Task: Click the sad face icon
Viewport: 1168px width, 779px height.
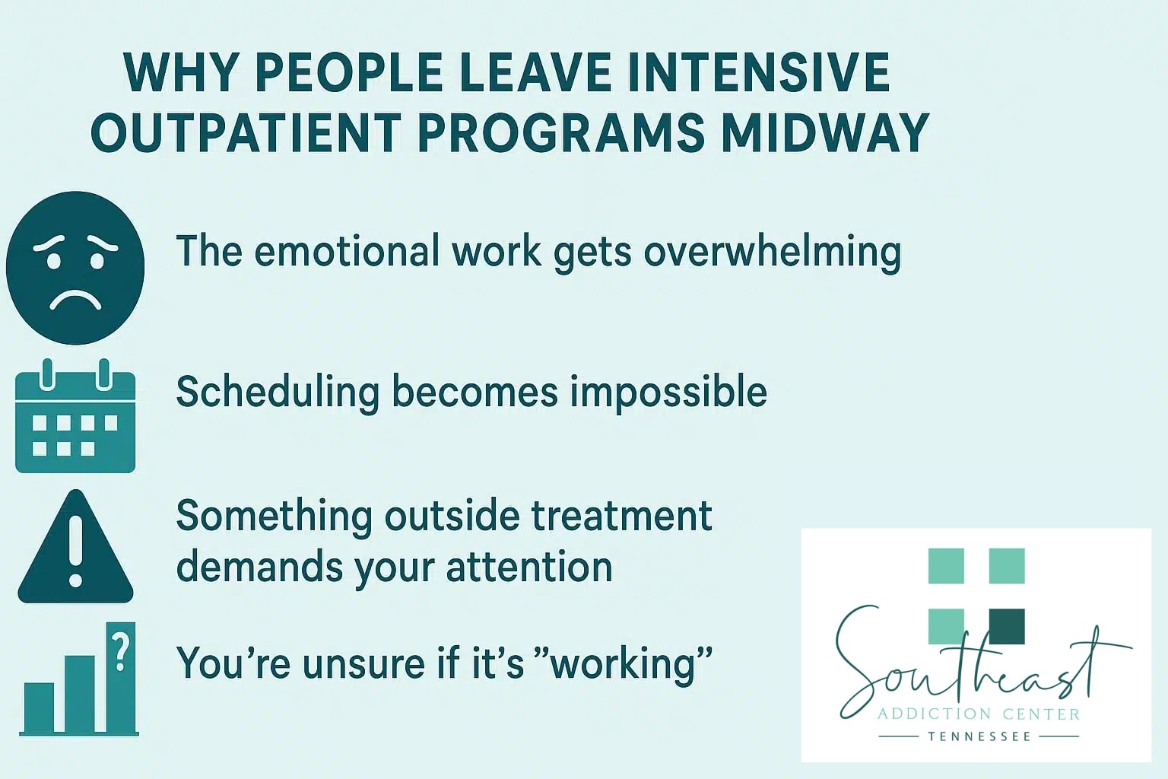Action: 75,267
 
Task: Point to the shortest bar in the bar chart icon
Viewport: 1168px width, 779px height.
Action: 39,707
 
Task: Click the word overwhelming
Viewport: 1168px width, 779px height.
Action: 772,252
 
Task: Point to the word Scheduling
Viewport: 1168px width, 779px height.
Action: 277,393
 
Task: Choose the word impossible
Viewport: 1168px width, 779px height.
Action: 668,393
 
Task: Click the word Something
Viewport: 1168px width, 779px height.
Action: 274,516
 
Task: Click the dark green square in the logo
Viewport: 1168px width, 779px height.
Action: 1006,626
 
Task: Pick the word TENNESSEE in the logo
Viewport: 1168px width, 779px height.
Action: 979,736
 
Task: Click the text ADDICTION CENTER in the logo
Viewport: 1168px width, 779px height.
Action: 978,714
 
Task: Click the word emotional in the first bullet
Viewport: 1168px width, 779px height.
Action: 346,252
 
